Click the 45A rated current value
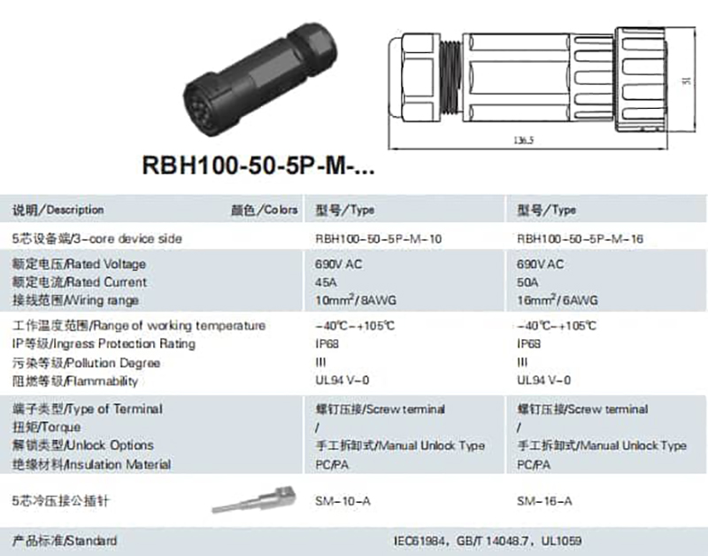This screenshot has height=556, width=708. point(326,282)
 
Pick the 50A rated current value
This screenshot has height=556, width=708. point(527,282)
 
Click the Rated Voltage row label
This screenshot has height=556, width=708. point(79,264)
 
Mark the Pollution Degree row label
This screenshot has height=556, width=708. point(86,363)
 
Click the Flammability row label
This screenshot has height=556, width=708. point(75,382)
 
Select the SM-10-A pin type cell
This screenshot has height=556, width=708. point(342,502)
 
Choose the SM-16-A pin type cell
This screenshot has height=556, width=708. point(544,502)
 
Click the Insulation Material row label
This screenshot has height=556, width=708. point(91,464)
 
